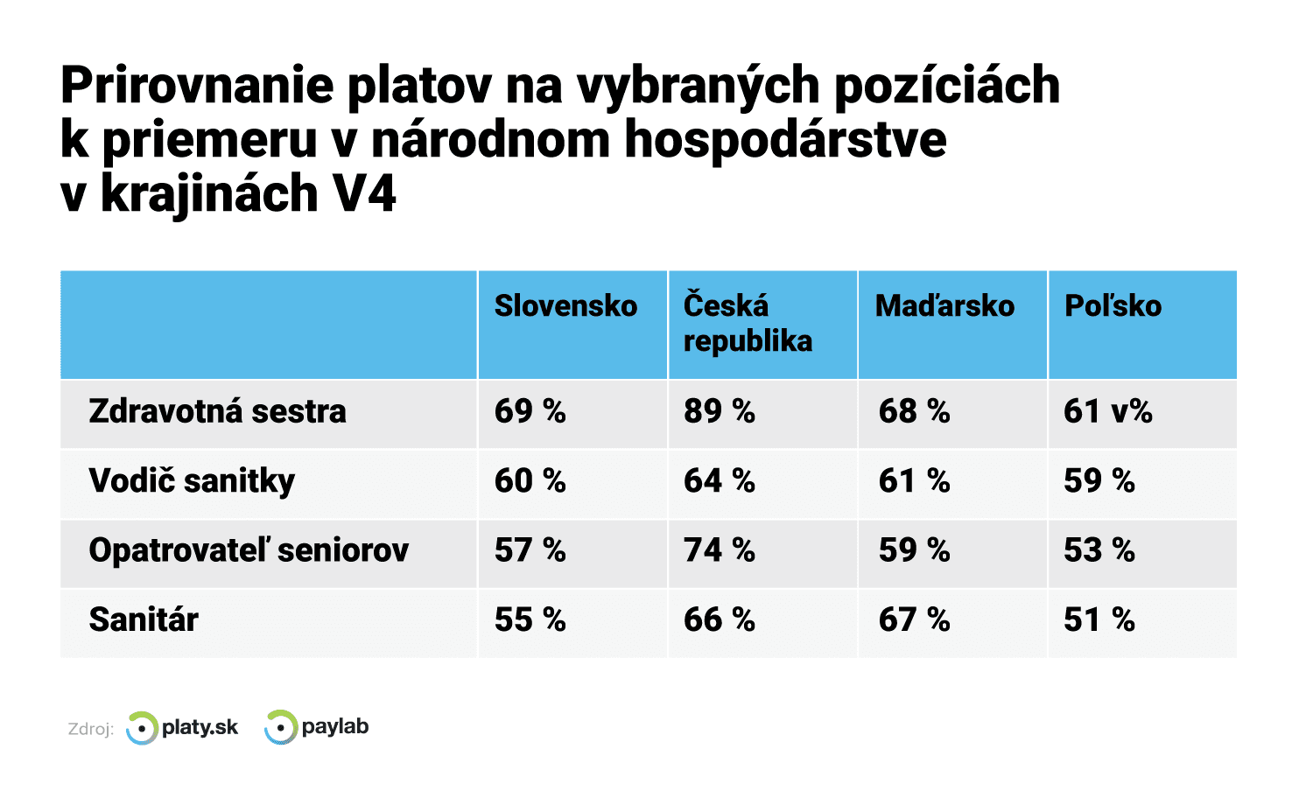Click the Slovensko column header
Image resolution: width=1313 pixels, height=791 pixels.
click(565, 306)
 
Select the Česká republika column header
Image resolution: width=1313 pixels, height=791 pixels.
click(748, 323)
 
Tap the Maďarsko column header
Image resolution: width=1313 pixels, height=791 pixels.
click(944, 306)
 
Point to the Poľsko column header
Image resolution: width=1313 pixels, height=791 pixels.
click(1113, 306)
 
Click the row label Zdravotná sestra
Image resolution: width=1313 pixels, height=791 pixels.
click(217, 411)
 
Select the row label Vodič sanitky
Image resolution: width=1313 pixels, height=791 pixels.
click(192, 481)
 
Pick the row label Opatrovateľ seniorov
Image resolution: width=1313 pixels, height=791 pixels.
click(249, 550)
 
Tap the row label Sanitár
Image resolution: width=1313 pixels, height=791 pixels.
click(144, 619)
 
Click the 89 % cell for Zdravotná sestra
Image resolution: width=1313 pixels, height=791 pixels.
click(719, 411)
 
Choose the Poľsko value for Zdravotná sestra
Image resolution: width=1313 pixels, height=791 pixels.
click(1107, 411)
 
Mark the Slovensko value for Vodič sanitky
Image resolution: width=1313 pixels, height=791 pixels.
click(530, 481)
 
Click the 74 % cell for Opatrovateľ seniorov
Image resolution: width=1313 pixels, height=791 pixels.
click(719, 550)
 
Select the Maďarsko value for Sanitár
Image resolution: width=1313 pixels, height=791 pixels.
click(914, 619)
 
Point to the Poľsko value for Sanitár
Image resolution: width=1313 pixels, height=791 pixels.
click(1099, 619)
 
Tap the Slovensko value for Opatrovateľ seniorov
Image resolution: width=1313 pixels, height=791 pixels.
click(530, 550)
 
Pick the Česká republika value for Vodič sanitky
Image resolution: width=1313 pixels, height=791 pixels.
click(719, 481)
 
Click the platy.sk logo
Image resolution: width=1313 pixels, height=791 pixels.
click(182, 728)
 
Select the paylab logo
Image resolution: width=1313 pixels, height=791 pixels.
click(317, 727)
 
